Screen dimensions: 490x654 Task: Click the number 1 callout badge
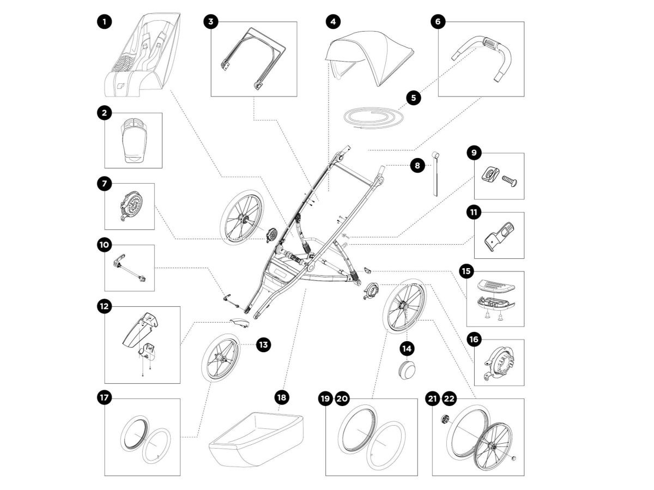pos(104,22)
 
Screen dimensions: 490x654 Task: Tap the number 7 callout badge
pos(104,183)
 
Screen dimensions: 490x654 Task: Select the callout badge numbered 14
pos(407,347)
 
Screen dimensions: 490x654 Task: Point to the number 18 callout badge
pos(282,397)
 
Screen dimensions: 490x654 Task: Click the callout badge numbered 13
pos(263,344)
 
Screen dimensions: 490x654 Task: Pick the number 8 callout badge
pos(417,165)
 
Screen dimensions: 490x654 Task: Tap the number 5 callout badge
pos(413,98)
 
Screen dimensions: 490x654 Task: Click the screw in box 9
pos(508,178)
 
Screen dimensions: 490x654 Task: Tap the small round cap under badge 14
pos(407,369)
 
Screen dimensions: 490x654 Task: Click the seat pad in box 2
pos(132,140)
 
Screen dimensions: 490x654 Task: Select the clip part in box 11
pos(500,233)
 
